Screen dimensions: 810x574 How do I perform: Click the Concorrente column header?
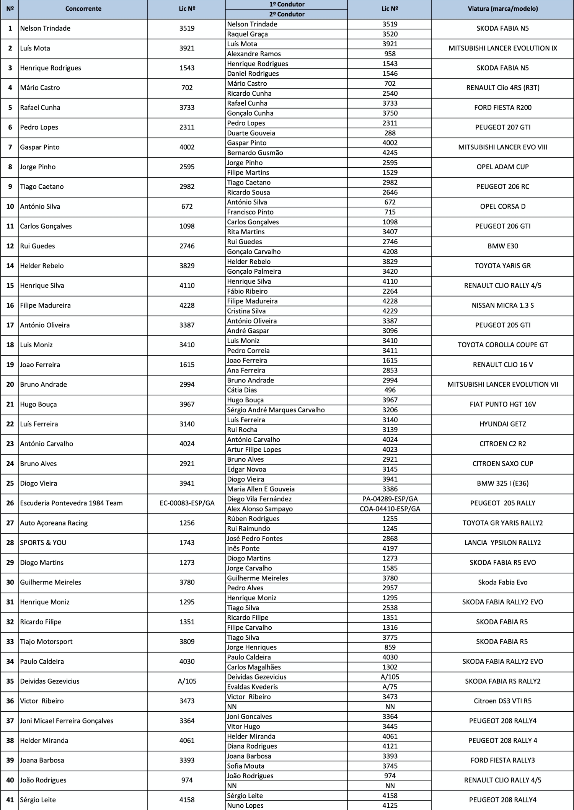tap(83, 9)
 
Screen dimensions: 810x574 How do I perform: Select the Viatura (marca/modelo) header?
tap(502, 9)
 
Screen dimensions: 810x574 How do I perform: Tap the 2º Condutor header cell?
tap(287, 14)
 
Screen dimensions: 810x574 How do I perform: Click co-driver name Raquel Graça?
tap(247, 34)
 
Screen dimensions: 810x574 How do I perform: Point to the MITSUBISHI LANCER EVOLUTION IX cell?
tap(502, 48)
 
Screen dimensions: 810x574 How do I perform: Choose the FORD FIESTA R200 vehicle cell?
tap(502, 108)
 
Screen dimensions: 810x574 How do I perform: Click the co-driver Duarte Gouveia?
tap(251, 133)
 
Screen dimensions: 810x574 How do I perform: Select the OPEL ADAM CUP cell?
tap(502, 167)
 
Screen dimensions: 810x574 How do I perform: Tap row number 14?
tap(10, 266)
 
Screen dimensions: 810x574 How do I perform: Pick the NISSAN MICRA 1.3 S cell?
tap(502, 305)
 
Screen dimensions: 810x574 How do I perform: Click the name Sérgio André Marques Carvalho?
tap(276, 410)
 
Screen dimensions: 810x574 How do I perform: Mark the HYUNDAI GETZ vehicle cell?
tap(502, 424)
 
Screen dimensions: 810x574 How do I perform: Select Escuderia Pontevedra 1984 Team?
tap(71, 503)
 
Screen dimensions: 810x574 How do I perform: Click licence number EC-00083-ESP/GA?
tap(187, 503)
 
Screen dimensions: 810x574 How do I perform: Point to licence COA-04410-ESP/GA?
tap(390, 509)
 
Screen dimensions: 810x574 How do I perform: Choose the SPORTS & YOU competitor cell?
tap(43, 543)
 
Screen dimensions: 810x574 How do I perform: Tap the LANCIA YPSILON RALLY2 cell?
tap(502, 543)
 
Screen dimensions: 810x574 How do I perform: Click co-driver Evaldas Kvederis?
tap(252, 687)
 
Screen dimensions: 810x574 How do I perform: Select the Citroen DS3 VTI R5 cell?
tap(502, 701)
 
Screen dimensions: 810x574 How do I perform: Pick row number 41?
tap(10, 800)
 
